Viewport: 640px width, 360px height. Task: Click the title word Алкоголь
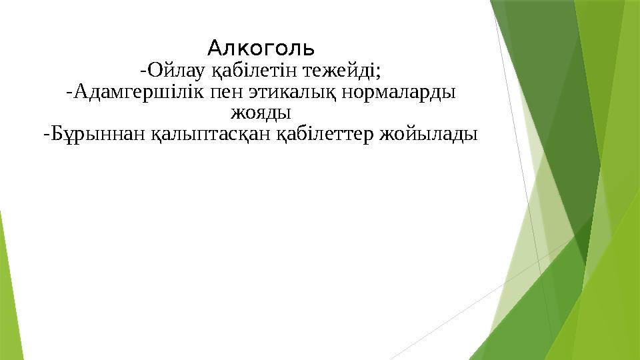(x=261, y=48)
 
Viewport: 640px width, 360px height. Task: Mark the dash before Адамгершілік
(x=69, y=92)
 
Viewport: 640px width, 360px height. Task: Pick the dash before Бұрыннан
(x=46, y=135)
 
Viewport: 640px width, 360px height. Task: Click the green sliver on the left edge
(x=5, y=267)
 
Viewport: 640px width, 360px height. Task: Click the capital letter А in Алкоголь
(x=214, y=48)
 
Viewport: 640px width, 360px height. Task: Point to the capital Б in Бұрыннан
(x=57, y=135)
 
